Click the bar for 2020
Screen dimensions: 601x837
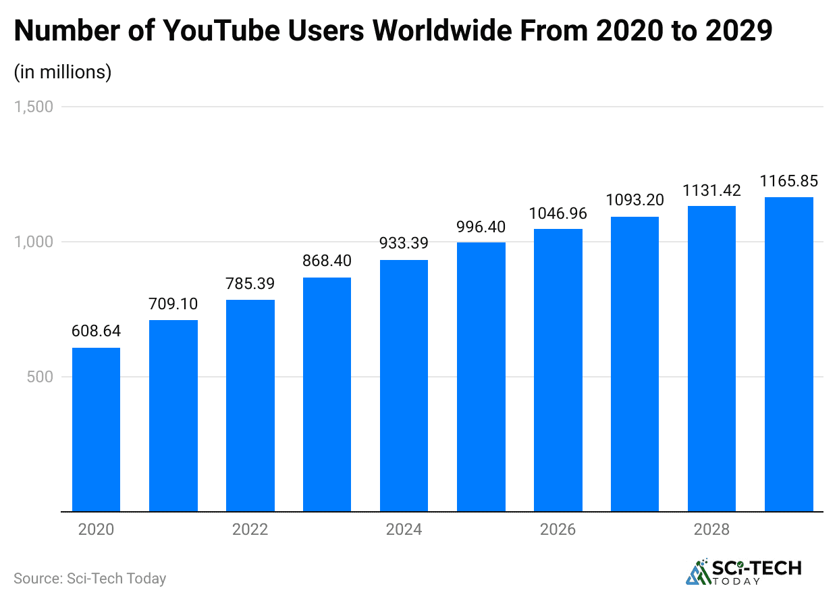96,429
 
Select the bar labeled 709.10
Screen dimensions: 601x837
173,415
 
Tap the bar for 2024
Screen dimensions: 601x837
404,386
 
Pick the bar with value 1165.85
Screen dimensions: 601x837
788,354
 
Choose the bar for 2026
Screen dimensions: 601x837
558,370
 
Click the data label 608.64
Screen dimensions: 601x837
96,332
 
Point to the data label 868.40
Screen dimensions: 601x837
327,261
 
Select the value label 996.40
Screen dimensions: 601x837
481,226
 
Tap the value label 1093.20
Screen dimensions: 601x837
634,200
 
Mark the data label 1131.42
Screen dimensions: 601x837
711,190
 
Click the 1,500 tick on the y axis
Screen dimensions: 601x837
34,107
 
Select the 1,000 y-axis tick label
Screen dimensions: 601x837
34,242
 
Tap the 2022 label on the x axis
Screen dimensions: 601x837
250,529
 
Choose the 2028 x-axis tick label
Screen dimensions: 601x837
711,529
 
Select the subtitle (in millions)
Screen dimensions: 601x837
63,72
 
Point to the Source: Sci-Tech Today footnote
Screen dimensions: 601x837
90,579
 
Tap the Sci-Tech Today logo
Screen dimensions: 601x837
743,572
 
